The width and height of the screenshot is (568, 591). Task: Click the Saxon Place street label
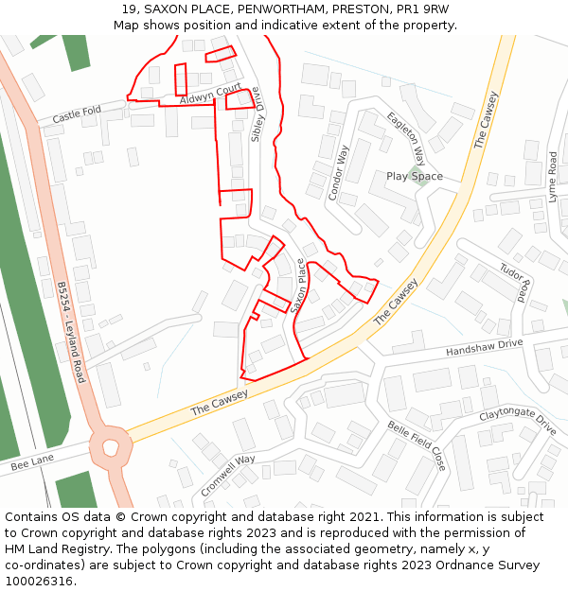(300, 287)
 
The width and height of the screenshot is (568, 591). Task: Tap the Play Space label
(415, 176)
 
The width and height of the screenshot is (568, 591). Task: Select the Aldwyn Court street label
(211, 95)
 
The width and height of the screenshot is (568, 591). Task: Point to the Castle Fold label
(77, 115)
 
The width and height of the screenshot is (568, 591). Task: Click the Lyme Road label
(553, 177)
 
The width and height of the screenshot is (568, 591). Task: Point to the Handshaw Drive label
(484, 349)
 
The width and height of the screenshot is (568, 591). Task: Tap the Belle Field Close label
(417, 445)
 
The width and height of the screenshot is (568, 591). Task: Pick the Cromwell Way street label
(228, 476)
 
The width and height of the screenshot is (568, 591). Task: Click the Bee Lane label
(34, 463)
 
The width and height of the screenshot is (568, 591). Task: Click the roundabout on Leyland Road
(111, 444)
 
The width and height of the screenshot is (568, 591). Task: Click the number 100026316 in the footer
(38, 581)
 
